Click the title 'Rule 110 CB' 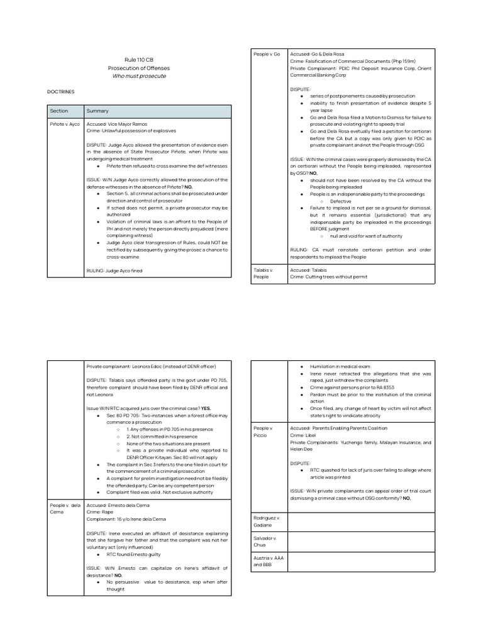click(139, 59)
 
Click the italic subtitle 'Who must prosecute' click(139, 76)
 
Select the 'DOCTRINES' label click(61, 92)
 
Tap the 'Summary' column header click(97, 111)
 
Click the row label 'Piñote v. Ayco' click(65, 125)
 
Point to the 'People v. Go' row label click(266, 54)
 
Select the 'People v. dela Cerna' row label click(65, 508)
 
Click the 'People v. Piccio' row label click(263, 431)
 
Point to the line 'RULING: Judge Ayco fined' click(114, 270)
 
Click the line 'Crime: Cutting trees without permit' click(328, 277)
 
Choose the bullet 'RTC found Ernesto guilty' click(134, 554)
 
